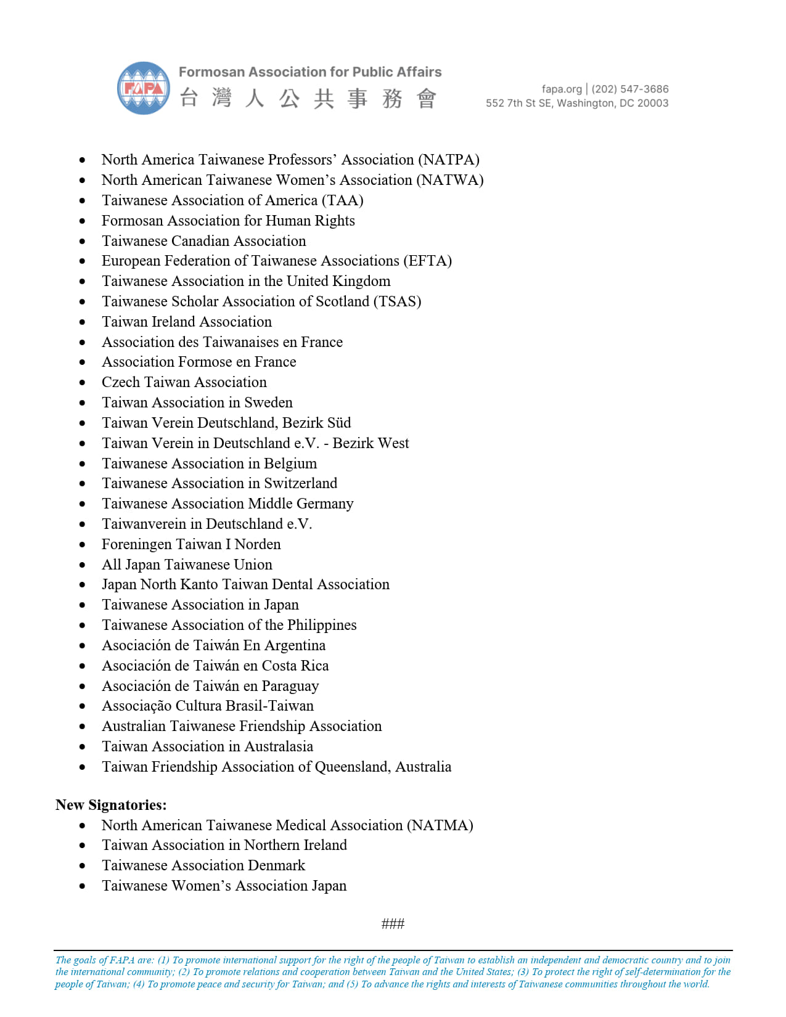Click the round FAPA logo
pyautogui.click(x=144, y=88)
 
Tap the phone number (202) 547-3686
pyautogui.click(x=630, y=89)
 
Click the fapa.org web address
pyautogui.click(x=562, y=89)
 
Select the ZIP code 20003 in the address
pyautogui.click(x=653, y=103)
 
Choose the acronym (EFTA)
pyautogui.click(x=428, y=261)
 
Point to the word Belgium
pyautogui.click(x=290, y=464)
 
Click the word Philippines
pyautogui.click(x=322, y=625)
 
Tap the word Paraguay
pyautogui.click(x=290, y=686)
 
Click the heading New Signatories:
pyautogui.click(x=111, y=805)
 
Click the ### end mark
pyautogui.click(x=393, y=923)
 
